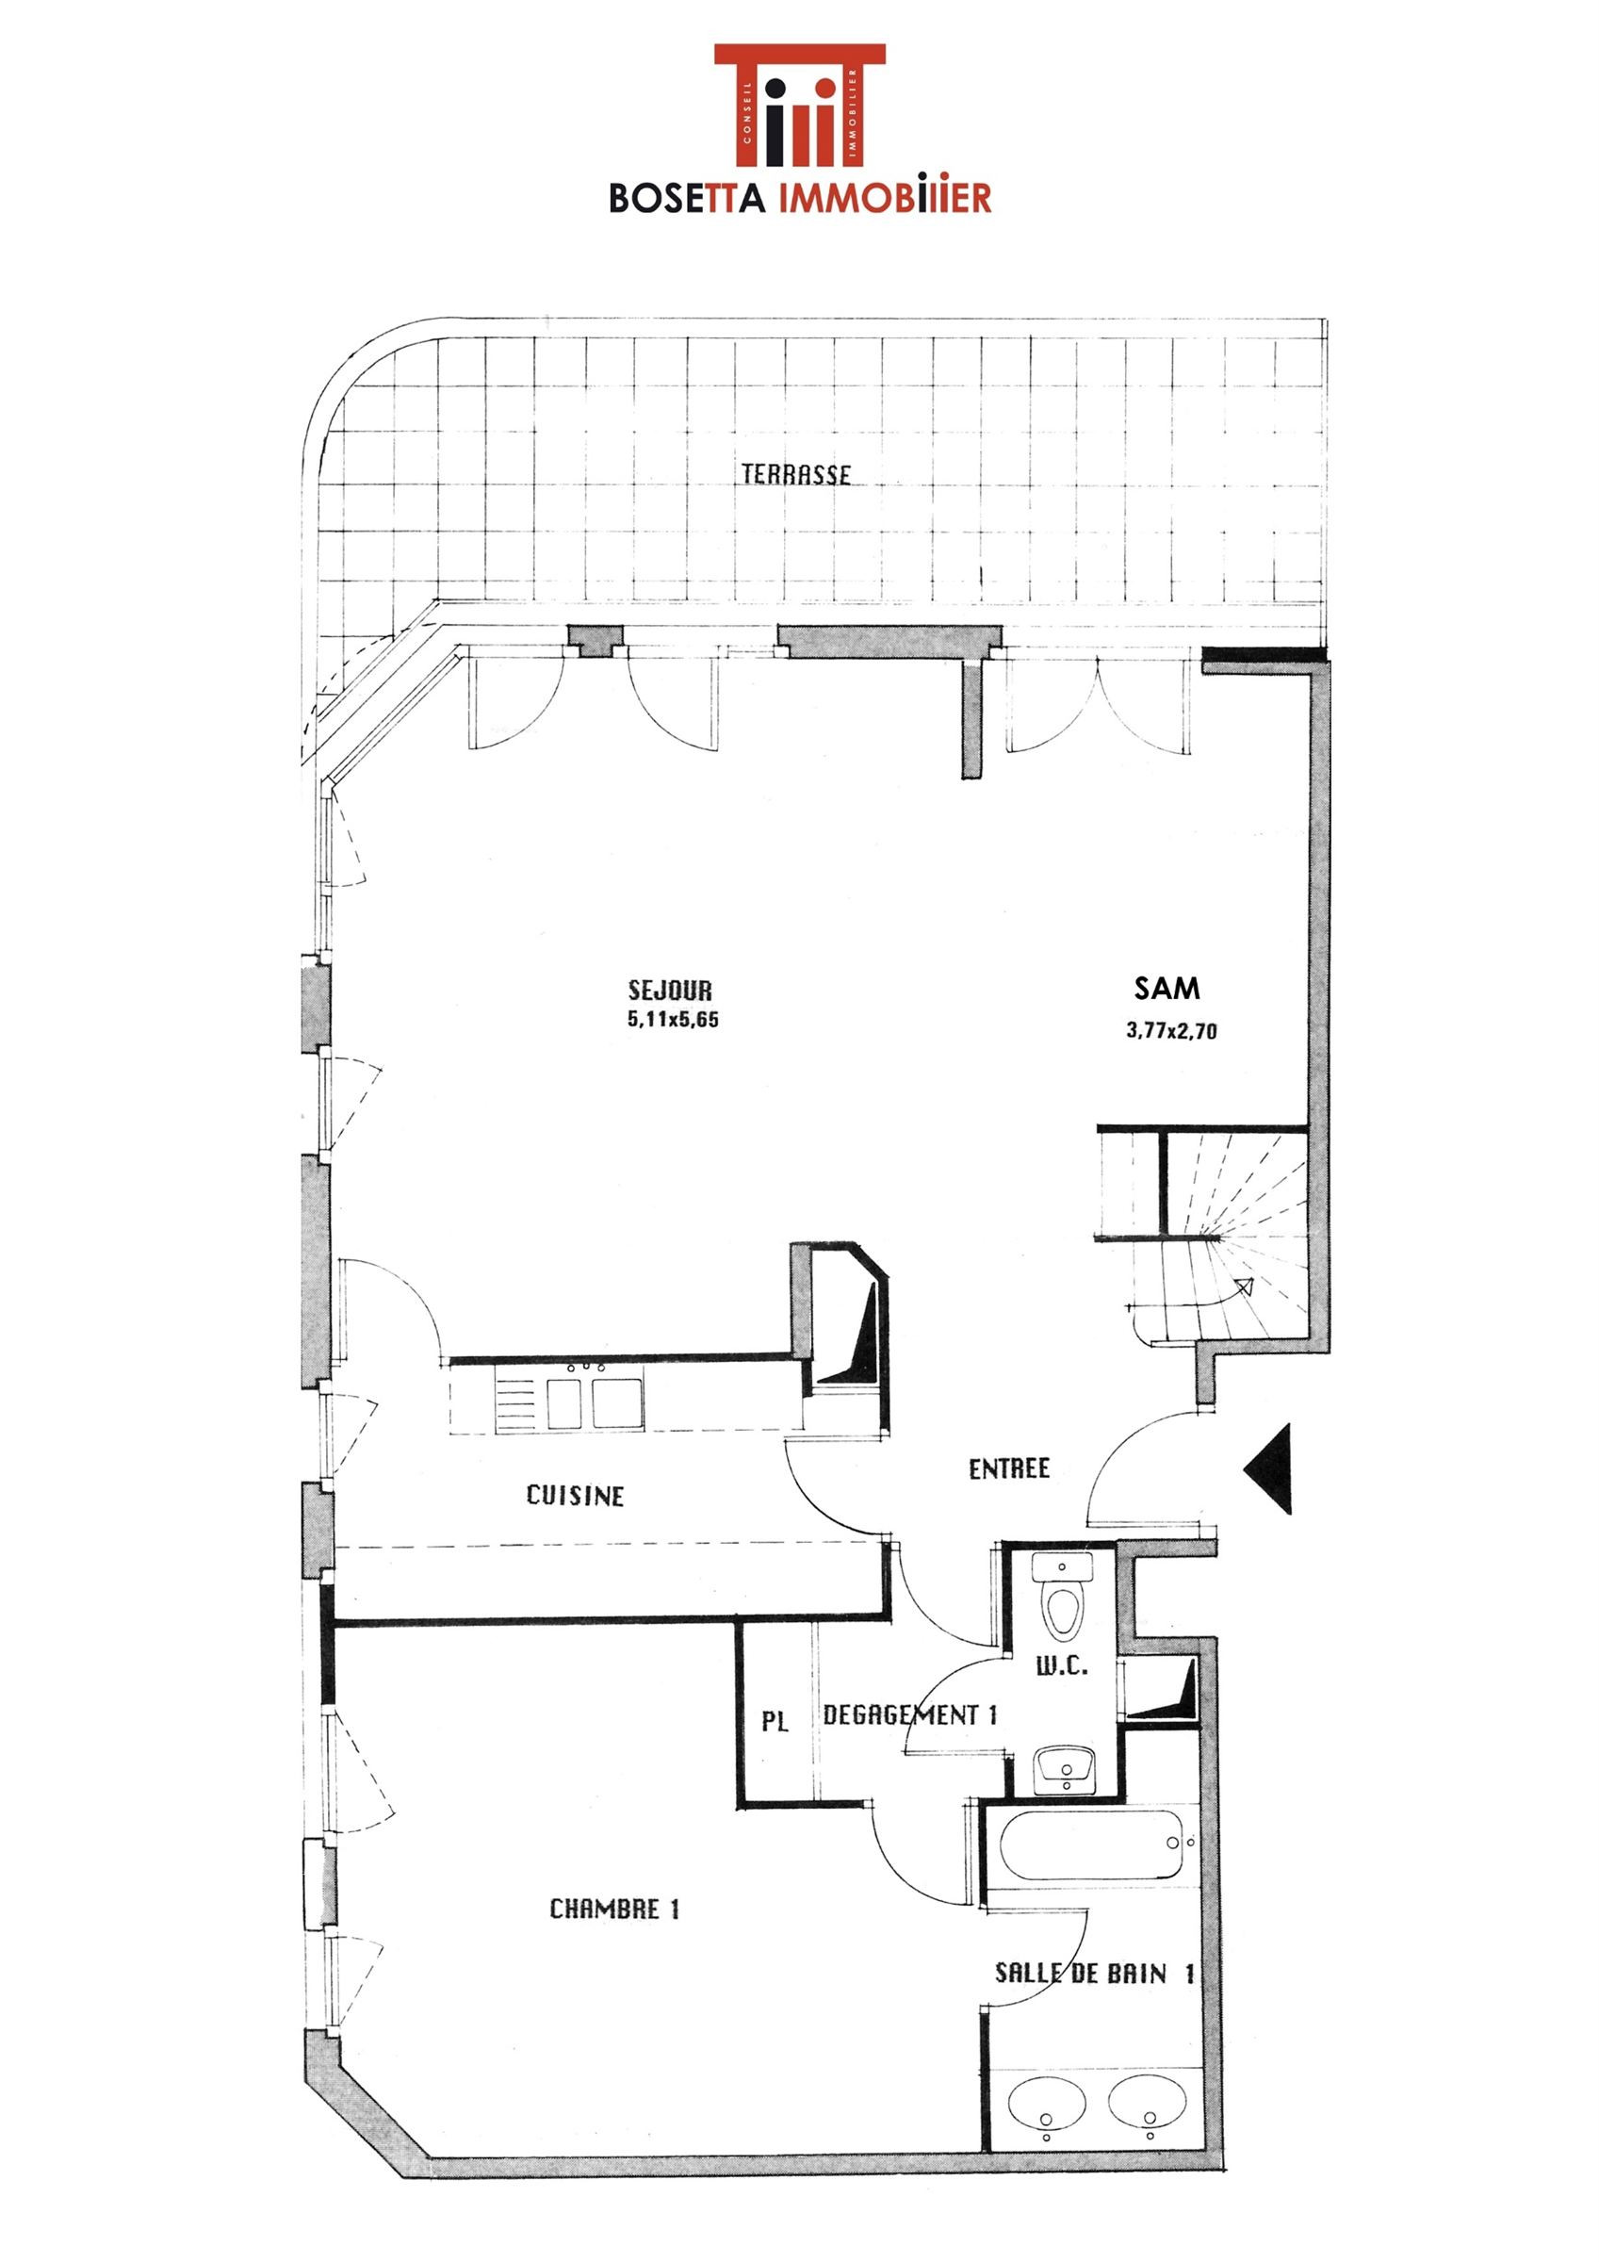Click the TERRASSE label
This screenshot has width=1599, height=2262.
click(x=796, y=475)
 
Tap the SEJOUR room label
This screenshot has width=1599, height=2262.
click(x=670, y=991)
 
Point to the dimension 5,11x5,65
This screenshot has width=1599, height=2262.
click(x=674, y=1020)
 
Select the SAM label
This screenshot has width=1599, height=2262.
click(x=1167, y=988)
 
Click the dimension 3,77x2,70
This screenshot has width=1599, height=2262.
click(x=1171, y=1032)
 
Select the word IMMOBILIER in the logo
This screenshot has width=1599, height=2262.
click(x=885, y=198)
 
